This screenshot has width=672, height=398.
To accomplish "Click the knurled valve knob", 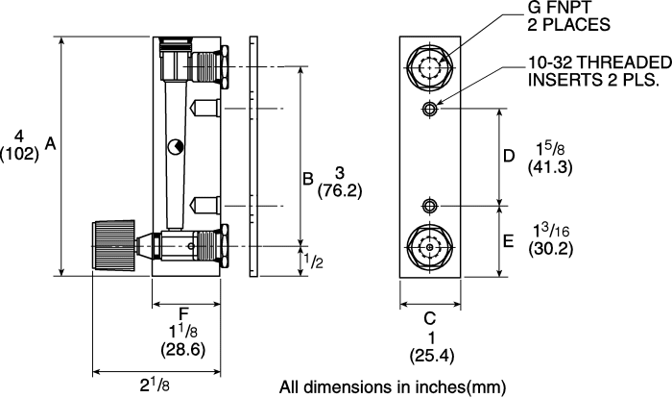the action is (114, 246).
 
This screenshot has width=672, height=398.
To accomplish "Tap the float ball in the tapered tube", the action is (175, 147).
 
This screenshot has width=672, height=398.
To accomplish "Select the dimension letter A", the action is (51, 144).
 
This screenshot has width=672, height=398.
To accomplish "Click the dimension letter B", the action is (308, 178).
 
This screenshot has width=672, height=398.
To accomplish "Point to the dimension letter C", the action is (429, 318).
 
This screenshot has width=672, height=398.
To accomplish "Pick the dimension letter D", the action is (509, 156).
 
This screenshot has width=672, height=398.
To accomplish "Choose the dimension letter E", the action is (508, 241).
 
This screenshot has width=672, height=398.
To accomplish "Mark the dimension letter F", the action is (183, 313).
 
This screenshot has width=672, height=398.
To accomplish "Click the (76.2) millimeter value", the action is (340, 190).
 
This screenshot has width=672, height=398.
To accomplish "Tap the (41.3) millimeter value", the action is (550, 166).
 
